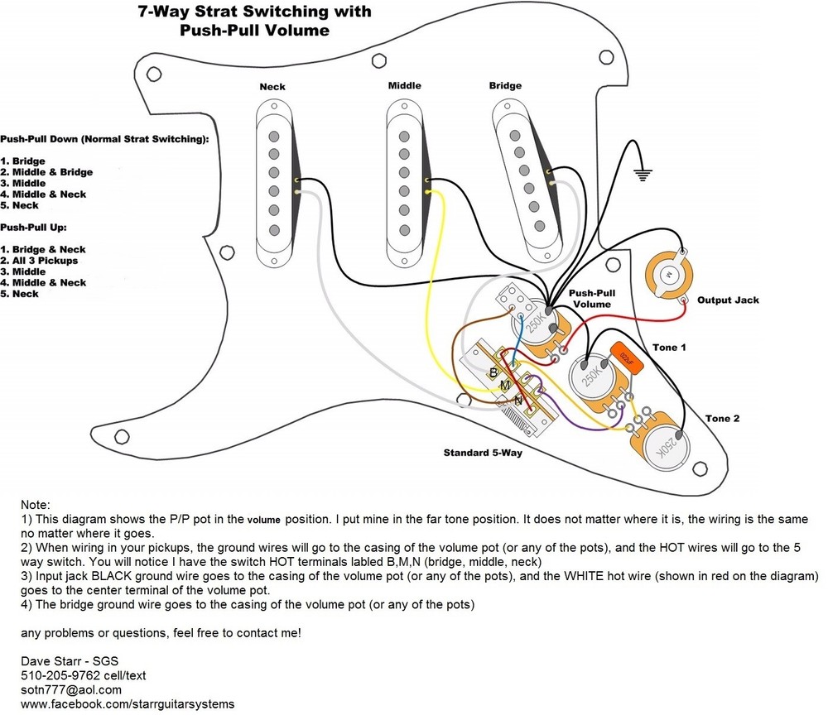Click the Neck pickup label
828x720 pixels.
[272, 87]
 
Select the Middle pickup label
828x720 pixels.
[404, 85]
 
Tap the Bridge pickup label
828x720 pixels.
[505, 85]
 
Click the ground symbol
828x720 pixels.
[642, 173]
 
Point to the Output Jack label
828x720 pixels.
[728, 300]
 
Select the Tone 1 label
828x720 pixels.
[669, 348]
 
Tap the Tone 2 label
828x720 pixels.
[722, 418]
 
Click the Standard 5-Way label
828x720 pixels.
[483, 453]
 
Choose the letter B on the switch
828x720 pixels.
[493, 372]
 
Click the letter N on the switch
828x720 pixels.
[517, 401]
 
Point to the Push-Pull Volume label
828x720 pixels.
[590, 299]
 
